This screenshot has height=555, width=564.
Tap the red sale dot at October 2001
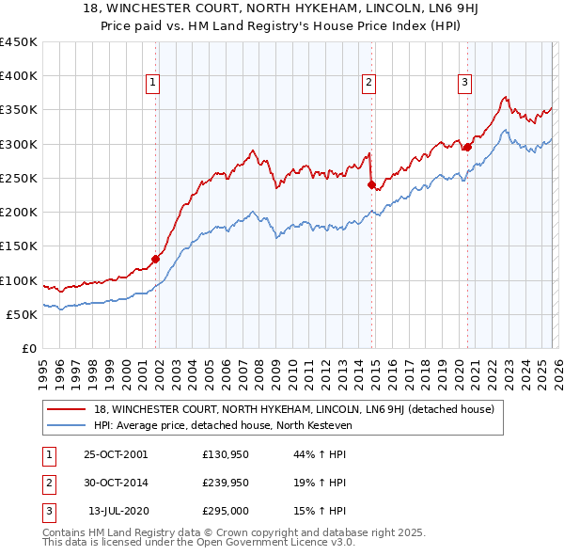(x=156, y=259)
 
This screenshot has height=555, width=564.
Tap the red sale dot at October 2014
(x=372, y=184)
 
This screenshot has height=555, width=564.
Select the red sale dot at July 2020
(x=467, y=147)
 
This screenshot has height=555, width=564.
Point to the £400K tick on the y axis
(x=19, y=76)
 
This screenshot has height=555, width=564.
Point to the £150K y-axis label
(x=19, y=246)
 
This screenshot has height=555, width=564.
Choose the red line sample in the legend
(x=68, y=409)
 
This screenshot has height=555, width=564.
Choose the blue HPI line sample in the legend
(x=68, y=425)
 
